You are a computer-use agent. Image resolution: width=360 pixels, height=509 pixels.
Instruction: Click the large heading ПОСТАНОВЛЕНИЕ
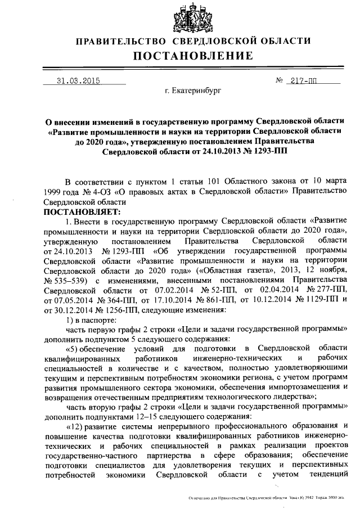pyautogui.click(x=193, y=56)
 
